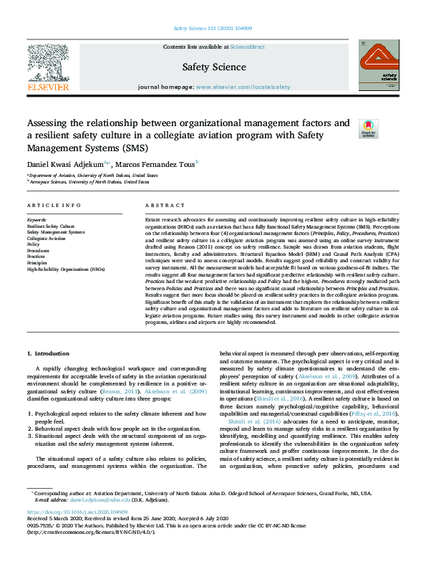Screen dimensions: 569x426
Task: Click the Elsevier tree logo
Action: (47, 66)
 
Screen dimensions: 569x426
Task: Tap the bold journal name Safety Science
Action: (214, 67)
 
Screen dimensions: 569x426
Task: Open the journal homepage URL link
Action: (243, 87)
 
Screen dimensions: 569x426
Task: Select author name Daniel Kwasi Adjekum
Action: (65, 164)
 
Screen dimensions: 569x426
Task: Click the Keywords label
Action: (37, 219)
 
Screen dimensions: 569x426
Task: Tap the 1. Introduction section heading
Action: (48, 354)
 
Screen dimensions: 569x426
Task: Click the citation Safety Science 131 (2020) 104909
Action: (213, 29)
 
